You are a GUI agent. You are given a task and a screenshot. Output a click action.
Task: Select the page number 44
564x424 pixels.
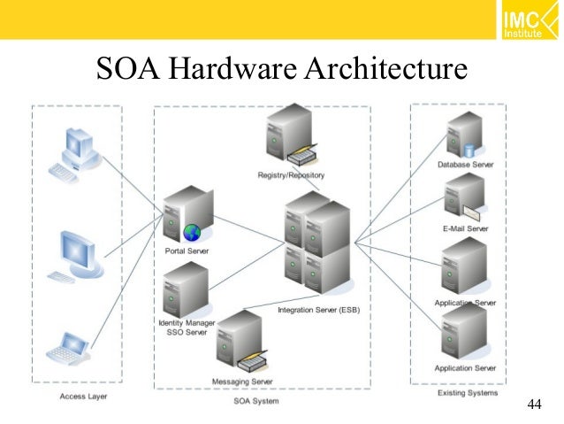point(533,405)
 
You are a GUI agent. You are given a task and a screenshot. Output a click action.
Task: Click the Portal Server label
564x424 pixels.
point(187,251)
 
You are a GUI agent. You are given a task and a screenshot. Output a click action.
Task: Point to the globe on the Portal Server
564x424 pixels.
point(192,233)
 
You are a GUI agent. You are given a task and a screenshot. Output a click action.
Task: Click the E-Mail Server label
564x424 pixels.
point(464,228)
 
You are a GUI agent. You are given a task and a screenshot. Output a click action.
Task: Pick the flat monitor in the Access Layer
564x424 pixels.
point(77,252)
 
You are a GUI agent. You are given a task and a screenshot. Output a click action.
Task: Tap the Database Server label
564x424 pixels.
point(465,165)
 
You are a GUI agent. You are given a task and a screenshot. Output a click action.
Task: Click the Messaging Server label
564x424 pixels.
point(242,382)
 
